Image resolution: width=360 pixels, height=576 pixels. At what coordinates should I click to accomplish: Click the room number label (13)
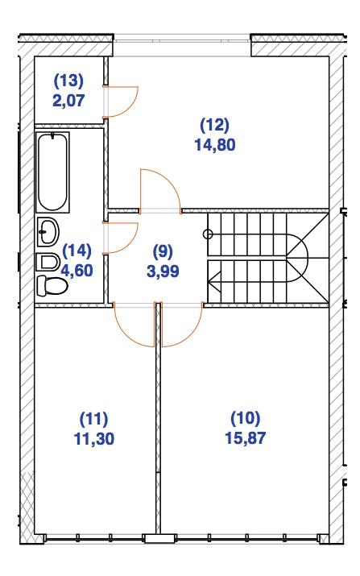[x=69, y=81]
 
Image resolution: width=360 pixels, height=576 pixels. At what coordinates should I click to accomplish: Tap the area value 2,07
[x=69, y=100]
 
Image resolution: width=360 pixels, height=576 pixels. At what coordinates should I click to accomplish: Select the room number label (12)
[x=215, y=125]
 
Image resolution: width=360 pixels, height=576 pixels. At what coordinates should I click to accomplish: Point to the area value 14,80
[x=215, y=145]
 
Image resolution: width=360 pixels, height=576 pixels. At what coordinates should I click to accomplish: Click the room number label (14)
[x=77, y=251]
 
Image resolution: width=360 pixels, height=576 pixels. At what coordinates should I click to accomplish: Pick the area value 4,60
[x=77, y=271]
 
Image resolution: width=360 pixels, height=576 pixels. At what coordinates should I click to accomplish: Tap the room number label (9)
[x=163, y=251]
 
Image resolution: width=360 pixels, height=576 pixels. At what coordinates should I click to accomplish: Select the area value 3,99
[x=163, y=271]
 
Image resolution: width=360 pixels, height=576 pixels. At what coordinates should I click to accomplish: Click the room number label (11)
[x=94, y=418]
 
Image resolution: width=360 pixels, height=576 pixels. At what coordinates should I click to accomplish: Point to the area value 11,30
[x=94, y=438]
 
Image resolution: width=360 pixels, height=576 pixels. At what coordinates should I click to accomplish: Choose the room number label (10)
[x=246, y=417]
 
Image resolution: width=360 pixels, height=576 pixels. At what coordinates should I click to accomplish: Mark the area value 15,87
[x=246, y=438]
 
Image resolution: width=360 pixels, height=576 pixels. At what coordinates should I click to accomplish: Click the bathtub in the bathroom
[x=53, y=172]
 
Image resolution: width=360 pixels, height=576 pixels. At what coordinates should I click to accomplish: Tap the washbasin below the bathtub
[x=48, y=232]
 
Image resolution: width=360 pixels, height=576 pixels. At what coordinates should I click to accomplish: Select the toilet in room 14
[x=52, y=285]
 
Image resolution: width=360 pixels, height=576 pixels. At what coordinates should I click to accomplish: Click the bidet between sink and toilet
[x=48, y=263]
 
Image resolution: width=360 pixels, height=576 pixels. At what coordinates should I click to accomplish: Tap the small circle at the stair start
[x=208, y=234]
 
